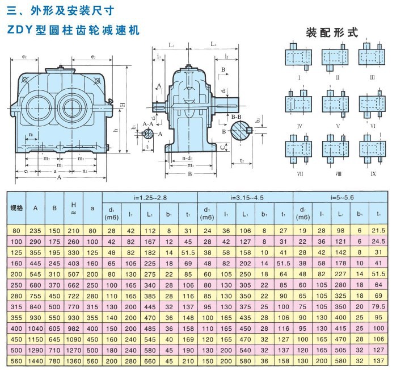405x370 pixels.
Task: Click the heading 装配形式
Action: point(332,32)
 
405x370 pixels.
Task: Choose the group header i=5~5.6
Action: point(340,197)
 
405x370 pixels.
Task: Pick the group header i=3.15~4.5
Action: point(244,197)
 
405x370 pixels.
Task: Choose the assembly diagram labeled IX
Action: point(373,148)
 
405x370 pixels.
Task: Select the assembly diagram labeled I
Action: point(298,57)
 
